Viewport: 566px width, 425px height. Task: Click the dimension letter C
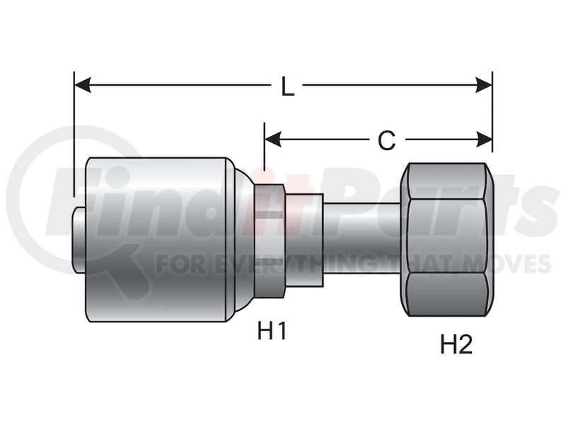(x=386, y=140)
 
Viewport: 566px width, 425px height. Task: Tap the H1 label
(x=272, y=331)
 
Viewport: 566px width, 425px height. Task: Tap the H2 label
(x=456, y=344)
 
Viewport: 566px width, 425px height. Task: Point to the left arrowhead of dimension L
(x=82, y=85)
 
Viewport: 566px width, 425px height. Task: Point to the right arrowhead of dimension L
(x=484, y=85)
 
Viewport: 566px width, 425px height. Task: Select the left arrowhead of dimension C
(x=273, y=140)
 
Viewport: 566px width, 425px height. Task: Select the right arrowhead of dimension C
(x=484, y=140)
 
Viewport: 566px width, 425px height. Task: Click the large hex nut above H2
(x=446, y=239)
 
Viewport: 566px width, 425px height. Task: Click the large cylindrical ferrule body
(x=156, y=239)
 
